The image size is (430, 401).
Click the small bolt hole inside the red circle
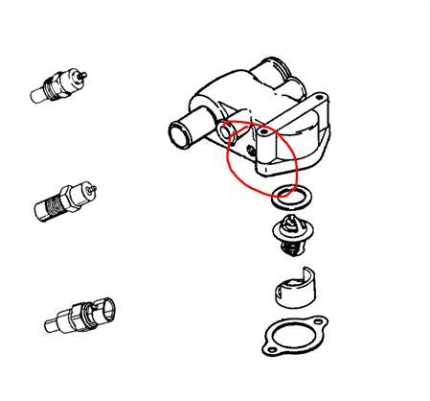click(x=252, y=152)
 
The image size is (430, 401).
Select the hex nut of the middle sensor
click(x=75, y=195)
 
